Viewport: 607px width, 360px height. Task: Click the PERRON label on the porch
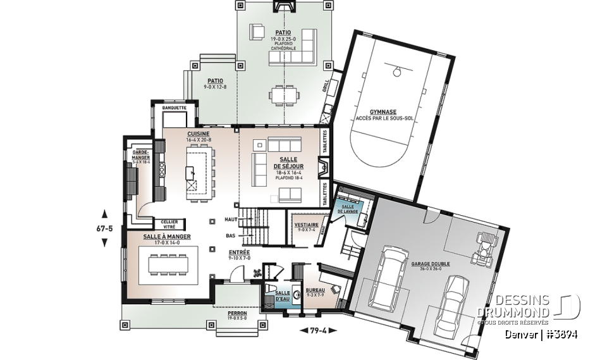[x=238, y=313]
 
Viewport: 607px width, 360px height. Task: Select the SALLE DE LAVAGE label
[x=347, y=209]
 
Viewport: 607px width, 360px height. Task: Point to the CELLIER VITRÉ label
[x=169, y=223]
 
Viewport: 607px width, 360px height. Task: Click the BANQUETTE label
[x=174, y=108]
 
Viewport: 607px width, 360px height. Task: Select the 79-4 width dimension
[x=318, y=330]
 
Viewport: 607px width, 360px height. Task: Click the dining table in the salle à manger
[x=173, y=264]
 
